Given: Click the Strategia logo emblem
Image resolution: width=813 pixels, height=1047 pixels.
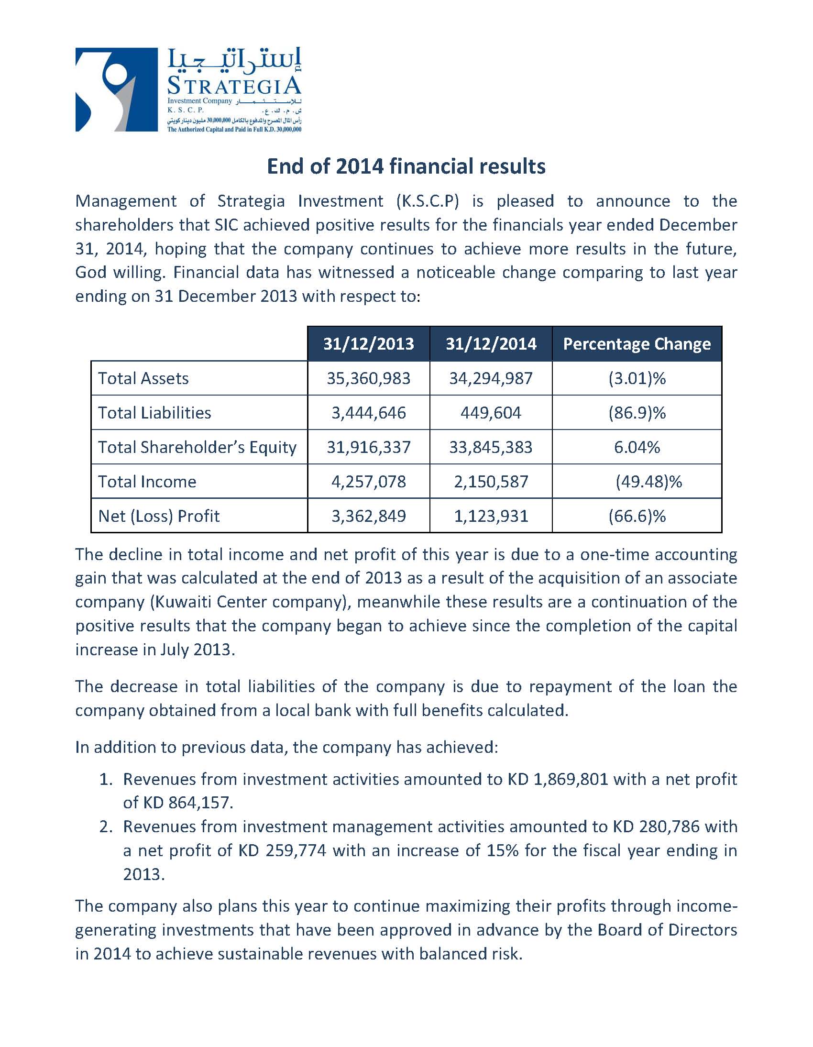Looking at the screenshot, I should pyautogui.click(x=117, y=89).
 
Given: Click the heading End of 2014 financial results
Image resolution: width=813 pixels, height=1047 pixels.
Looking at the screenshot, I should pyautogui.click(x=406, y=166).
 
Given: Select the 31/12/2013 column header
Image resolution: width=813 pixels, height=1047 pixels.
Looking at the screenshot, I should pyautogui.click(x=368, y=344).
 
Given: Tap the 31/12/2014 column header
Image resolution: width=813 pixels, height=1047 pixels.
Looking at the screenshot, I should pyautogui.click(x=491, y=344).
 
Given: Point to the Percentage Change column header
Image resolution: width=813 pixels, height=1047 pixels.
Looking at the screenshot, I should pyautogui.click(x=637, y=344).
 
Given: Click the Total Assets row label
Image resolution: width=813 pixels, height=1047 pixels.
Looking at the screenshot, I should pyautogui.click(x=143, y=378).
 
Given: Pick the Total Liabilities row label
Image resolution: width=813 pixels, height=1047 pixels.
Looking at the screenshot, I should pyautogui.click(x=154, y=413).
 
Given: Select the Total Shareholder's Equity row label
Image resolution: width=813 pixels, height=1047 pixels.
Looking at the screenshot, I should pyautogui.click(x=197, y=447).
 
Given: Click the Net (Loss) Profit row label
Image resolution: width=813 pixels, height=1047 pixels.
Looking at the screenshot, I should pyautogui.click(x=159, y=516).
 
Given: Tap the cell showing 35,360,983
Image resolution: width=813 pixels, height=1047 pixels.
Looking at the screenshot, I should pyautogui.click(x=368, y=378).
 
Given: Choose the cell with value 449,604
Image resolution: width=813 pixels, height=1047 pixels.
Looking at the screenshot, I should pyautogui.click(x=491, y=413).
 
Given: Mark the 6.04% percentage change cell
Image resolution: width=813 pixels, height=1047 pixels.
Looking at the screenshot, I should pyautogui.click(x=637, y=447).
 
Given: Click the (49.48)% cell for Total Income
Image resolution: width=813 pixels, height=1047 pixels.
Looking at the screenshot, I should pyautogui.click(x=648, y=481).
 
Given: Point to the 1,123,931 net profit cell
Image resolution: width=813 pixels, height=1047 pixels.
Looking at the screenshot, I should pyautogui.click(x=491, y=516).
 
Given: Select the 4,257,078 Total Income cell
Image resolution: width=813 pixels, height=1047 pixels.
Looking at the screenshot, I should pyautogui.click(x=368, y=481).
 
